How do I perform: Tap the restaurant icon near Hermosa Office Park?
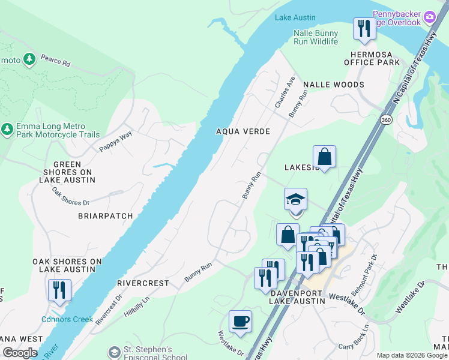click(364, 28)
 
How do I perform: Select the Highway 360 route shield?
click(385, 120)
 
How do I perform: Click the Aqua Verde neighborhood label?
click(243, 131)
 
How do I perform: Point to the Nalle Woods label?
click(333, 85)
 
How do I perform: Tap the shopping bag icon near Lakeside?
click(324, 157)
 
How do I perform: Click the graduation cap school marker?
click(295, 200)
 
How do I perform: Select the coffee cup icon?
click(241, 321)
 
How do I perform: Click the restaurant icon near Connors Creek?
click(59, 290)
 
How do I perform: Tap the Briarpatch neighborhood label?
click(101, 215)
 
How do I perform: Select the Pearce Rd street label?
click(55, 61)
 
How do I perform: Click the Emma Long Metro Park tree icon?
click(7, 129)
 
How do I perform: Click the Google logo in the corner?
click(20, 353)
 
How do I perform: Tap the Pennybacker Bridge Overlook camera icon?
click(429, 17)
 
